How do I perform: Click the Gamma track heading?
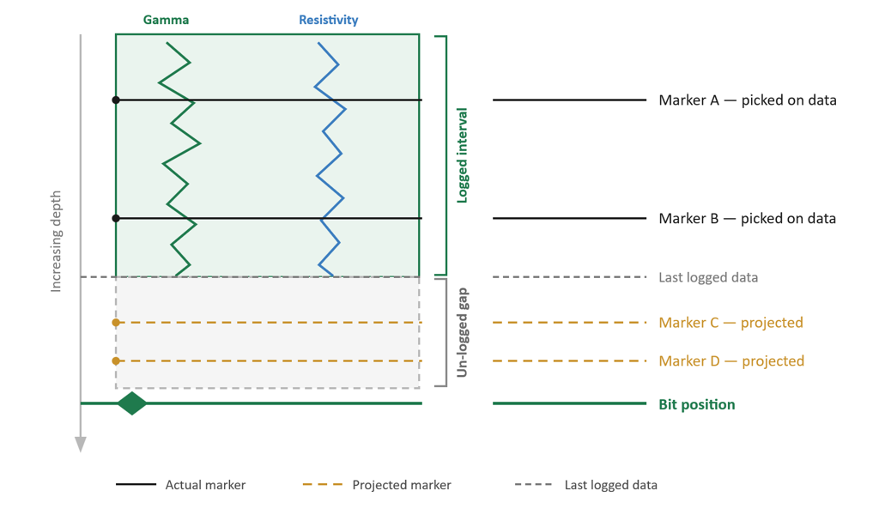[166, 20]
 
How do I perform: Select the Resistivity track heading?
[329, 20]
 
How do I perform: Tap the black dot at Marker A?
[116, 100]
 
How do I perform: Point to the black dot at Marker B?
[116, 219]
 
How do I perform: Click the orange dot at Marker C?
[116, 323]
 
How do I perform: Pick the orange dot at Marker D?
[116, 360]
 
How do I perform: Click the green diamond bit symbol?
[132, 403]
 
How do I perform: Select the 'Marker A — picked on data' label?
[748, 100]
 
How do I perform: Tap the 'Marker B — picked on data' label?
[748, 219]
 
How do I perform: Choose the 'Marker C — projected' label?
[730, 323]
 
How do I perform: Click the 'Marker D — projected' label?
[731, 360]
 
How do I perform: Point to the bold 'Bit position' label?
[697, 405]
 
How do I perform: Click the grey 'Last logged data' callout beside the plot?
[708, 277]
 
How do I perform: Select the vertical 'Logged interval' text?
[463, 155]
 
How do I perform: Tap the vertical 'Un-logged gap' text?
[463, 332]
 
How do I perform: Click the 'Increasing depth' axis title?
[55, 241]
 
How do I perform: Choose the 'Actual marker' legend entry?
[180, 485]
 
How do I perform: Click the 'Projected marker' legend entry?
[377, 485]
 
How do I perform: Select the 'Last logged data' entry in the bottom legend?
[586, 485]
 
